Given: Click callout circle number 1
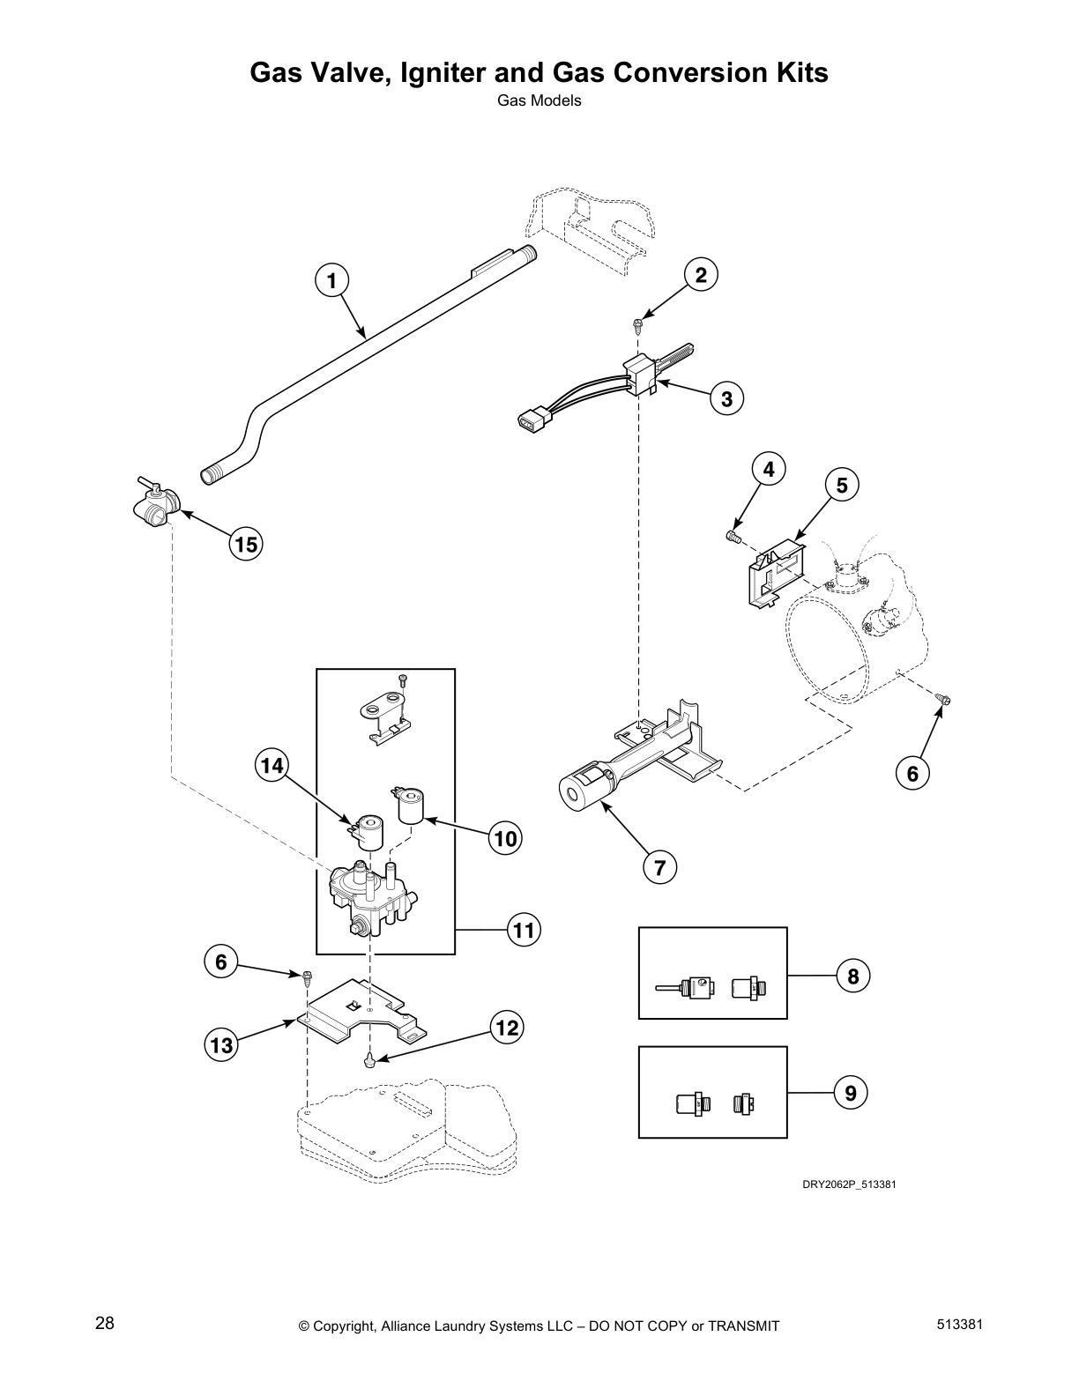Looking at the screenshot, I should pyautogui.click(x=331, y=281).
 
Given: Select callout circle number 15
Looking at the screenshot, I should pyautogui.click(x=246, y=545).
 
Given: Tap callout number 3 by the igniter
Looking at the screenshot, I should pyautogui.click(x=726, y=398).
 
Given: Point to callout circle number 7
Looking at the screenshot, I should pyautogui.click(x=659, y=867).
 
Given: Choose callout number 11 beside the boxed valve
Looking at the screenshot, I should pyautogui.click(x=524, y=930).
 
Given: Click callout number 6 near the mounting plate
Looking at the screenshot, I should pyautogui.click(x=221, y=962).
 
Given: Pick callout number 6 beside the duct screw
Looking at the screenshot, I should pyautogui.click(x=912, y=774).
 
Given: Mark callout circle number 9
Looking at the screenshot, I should pyautogui.click(x=850, y=1094).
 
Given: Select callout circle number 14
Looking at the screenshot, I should pyautogui.click(x=272, y=766).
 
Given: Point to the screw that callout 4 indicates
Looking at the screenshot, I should pyautogui.click(x=732, y=536).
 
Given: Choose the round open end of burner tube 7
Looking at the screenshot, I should pyautogui.click(x=576, y=793).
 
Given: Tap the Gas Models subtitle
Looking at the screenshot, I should pyautogui.click(x=539, y=100).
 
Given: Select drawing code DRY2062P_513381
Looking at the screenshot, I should pyautogui.click(x=848, y=1184).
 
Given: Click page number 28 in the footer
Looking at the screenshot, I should pyautogui.click(x=104, y=1324).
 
